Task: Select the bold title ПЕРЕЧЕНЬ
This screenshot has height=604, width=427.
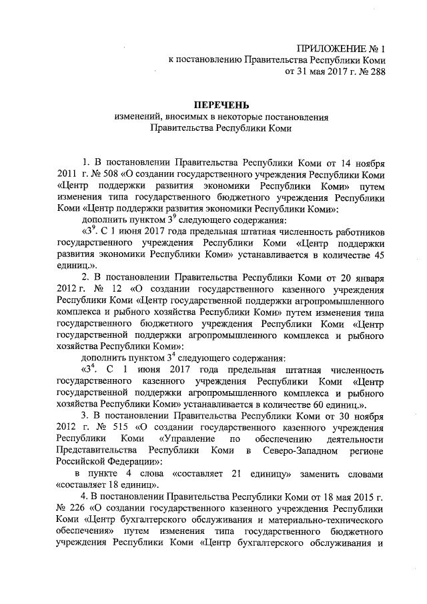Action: point(221,105)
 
